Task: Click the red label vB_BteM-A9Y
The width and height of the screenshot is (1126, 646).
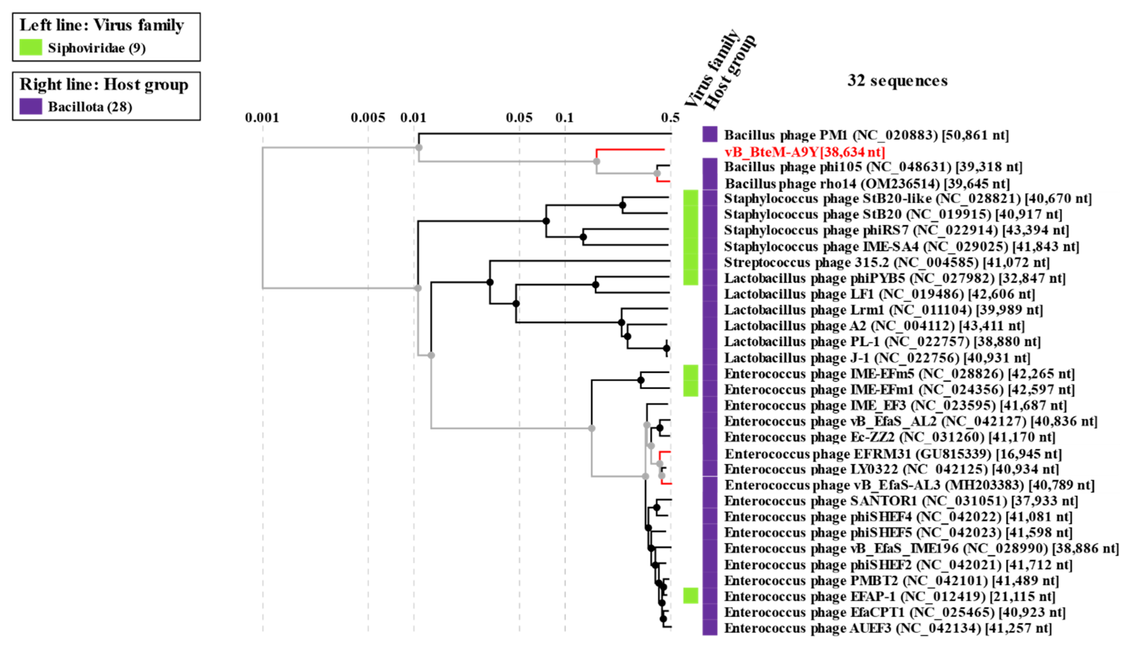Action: [804, 152]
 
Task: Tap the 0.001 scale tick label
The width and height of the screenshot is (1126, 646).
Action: [262, 118]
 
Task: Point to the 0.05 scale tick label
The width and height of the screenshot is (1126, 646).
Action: [519, 118]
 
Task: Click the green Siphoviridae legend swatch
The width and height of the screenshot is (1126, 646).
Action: [31, 48]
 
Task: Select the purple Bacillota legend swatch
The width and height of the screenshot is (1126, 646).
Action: [31, 106]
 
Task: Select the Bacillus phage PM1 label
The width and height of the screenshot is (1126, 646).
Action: [866, 135]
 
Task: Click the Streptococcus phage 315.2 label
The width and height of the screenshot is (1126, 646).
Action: [886, 262]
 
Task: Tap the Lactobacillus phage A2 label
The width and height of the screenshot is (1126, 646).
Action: [874, 326]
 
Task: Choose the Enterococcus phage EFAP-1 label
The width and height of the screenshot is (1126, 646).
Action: [889, 596]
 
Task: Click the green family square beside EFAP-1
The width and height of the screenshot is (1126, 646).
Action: [690, 596]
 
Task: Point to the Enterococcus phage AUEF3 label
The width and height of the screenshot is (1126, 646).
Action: [887, 628]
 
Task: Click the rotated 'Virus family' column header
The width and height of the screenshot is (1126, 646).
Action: [712, 69]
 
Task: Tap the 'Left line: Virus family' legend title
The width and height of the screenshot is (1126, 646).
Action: [102, 25]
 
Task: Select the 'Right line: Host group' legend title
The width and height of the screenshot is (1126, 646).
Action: [104, 84]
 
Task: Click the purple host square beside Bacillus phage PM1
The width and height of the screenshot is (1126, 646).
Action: [709, 134]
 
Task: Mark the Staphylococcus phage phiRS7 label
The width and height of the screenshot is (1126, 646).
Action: [896, 230]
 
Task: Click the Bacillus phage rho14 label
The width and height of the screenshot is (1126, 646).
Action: [867, 183]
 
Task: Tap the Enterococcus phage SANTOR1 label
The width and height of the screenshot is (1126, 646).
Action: [900, 501]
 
